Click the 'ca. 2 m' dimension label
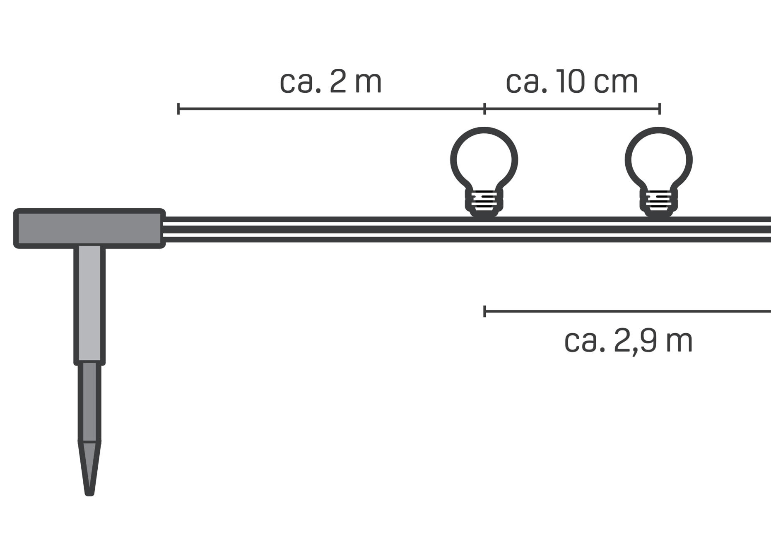coord(330,82)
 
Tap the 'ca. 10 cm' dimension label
coord(572,82)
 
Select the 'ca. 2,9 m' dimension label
coord(628,342)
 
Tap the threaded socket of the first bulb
coord(484,203)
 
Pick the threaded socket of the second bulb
coord(659,203)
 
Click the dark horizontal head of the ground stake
coord(89,229)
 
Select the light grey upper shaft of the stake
coord(89,304)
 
